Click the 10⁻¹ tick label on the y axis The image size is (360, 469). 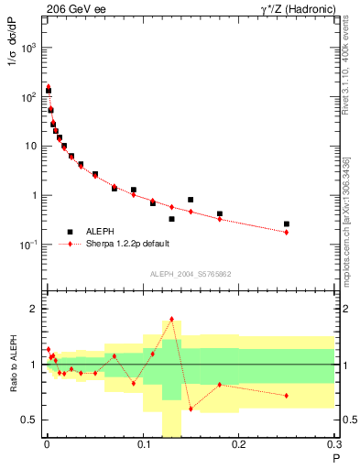[27, 245]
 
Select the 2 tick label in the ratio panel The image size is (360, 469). [35, 309]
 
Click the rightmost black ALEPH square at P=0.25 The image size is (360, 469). [287, 224]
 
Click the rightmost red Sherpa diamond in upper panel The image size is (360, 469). [287, 233]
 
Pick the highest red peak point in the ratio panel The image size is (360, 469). [171, 319]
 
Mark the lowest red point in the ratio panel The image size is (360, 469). [191, 409]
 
